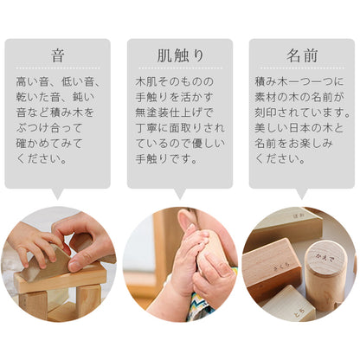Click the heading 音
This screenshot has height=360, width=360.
(x=57, y=55)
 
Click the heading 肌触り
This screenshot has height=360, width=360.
(x=180, y=55)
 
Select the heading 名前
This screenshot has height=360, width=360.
(x=302, y=55)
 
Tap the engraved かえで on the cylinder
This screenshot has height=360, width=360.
(x=325, y=257)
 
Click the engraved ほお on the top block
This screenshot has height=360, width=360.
(x=299, y=215)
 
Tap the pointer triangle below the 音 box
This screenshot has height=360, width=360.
(x=58, y=194)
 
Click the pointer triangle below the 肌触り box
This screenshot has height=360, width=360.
(x=180, y=194)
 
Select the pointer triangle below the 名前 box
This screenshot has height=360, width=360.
(x=302, y=194)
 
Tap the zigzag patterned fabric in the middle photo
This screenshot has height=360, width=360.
(x=202, y=305)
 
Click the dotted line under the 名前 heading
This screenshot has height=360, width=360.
(x=302, y=68)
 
